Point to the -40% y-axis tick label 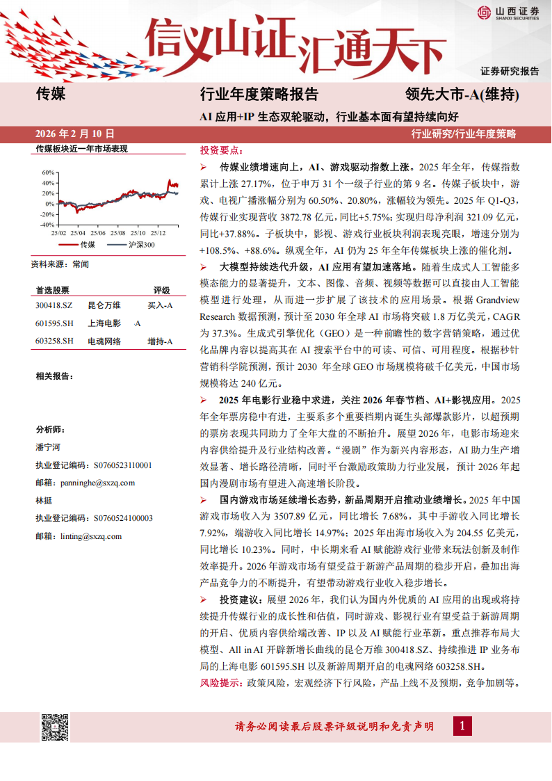(x=47, y=225)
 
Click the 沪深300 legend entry (x=141, y=245)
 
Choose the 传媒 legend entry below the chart (x=87, y=245)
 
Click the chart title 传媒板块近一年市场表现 (x=82, y=149)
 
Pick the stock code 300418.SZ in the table (x=54, y=305)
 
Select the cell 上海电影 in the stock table (x=104, y=323)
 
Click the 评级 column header (x=161, y=291)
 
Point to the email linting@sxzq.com (x=79, y=536)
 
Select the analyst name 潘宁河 (x=48, y=447)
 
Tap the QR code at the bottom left (x=54, y=727)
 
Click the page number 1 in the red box (x=462, y=726)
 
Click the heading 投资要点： (x=221, y=150)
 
